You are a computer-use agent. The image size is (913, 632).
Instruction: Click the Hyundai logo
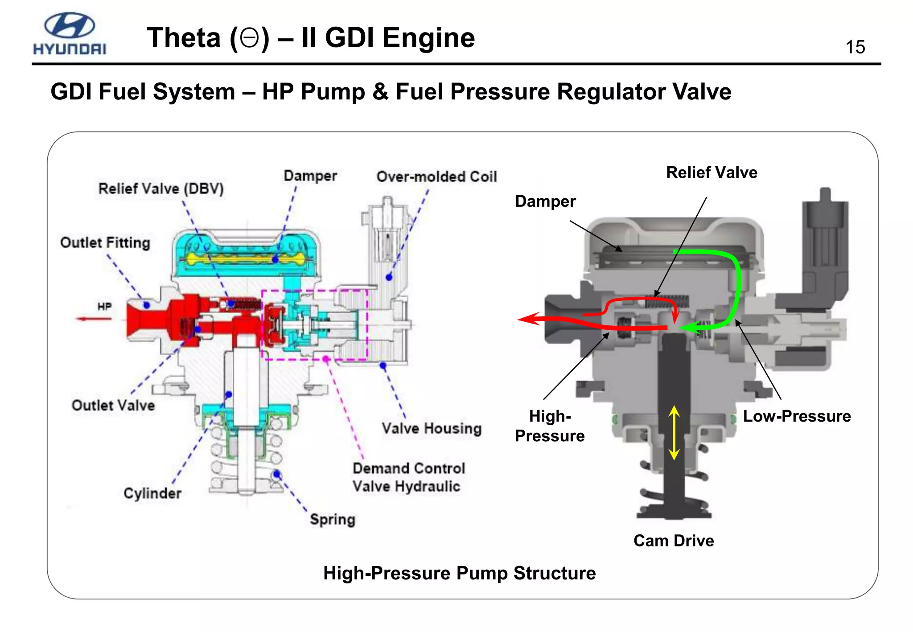point(70,33)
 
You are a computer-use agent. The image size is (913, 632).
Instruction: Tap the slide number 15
point(855,47)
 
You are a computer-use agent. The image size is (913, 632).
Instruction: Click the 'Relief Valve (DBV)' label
point(161,189)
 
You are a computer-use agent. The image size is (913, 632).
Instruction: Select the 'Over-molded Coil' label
point(436,176)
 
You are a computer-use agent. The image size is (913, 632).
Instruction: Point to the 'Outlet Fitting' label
point(105,242)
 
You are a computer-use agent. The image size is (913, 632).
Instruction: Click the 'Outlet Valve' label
point(113,405)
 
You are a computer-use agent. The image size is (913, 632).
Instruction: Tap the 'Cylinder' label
point(152,493)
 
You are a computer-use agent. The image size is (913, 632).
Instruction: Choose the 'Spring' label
point(333,519)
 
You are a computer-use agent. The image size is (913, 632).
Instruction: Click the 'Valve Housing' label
point(432,428)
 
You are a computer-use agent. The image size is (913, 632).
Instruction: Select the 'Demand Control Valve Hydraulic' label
point(408,477)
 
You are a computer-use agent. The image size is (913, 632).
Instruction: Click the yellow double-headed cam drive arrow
point(674,433)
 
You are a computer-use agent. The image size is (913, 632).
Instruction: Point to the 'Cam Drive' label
point(674,541)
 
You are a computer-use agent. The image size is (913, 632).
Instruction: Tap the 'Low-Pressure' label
point(797,416)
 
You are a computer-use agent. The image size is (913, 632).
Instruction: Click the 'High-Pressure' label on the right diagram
point(550,426)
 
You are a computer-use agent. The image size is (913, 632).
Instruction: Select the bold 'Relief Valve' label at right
point(711,172)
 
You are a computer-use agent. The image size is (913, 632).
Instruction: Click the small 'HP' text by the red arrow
point(104,307)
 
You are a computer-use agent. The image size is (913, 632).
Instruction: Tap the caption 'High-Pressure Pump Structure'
point(459,573)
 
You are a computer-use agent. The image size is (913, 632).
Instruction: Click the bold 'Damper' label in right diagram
point(545,201)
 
